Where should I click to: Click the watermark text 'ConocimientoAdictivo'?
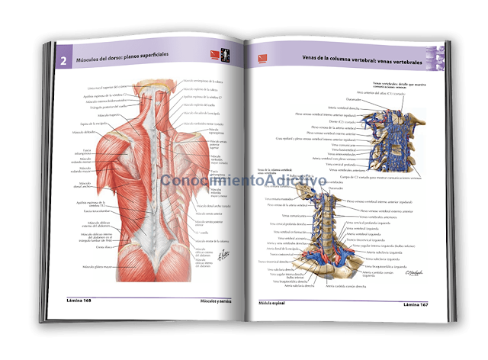tap(244, 182)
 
